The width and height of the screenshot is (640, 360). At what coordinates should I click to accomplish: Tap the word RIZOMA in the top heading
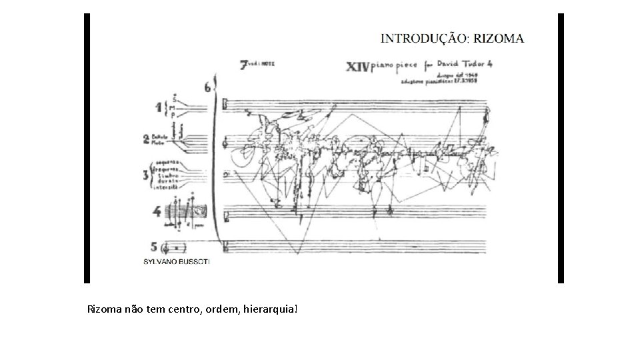tap(499, 38)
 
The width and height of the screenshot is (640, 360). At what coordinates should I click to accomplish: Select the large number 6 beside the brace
tap(208, 87)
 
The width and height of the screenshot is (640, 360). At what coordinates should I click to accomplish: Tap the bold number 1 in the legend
tap(159, 107)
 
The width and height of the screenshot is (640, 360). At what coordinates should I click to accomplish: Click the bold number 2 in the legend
tap(145, 139)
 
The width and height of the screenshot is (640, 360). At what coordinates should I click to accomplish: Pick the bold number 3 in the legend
tap(146, 175)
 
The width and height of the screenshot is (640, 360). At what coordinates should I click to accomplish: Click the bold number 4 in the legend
tap(155, 213)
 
